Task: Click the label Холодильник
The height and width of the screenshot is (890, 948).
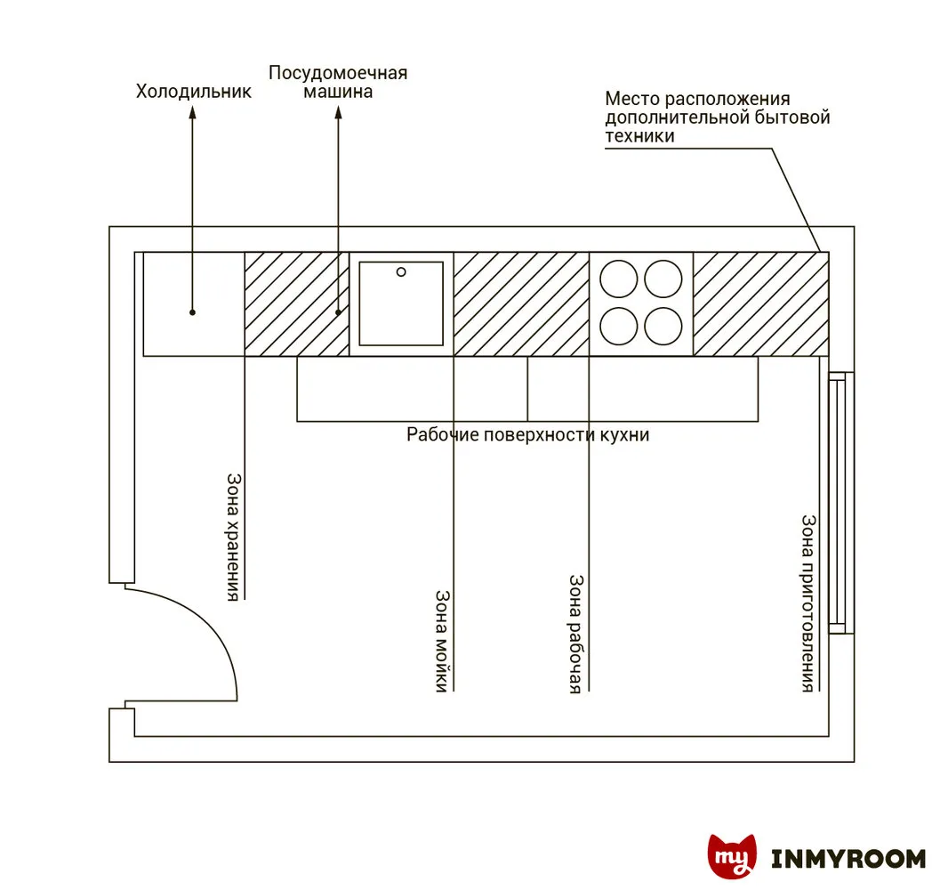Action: [x=193, y=91]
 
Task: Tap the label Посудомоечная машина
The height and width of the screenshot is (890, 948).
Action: [x=338, y=82]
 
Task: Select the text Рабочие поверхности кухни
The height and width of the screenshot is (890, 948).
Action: [x=528, y=435]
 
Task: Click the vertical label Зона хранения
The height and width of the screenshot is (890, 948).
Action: [x=232, y=537]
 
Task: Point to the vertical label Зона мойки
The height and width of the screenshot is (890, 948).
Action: [x=441, y=641]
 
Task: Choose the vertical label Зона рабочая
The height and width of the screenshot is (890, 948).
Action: [x=575, y=633]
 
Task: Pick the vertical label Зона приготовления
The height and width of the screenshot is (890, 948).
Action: [x=808, y=603]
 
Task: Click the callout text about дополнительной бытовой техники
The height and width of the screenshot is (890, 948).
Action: [x=717, y=117]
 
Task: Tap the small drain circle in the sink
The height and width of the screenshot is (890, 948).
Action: [x=401, y=271]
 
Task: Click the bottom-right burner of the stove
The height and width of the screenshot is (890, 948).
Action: [x=663, y=326]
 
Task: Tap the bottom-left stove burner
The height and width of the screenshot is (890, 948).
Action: [x=618, y=326]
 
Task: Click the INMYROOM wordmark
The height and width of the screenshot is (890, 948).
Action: [x=848, y=859]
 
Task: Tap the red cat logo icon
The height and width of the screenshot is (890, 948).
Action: [x=732, y=857]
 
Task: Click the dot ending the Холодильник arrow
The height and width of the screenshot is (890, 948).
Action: [x=192, y=312]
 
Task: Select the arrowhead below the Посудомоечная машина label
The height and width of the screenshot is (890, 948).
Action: [x=338, y=115]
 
